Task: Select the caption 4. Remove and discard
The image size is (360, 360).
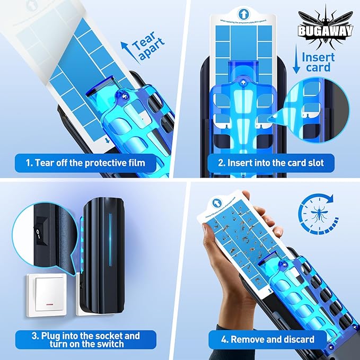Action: pyautogui.click(x=269, y=339)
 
